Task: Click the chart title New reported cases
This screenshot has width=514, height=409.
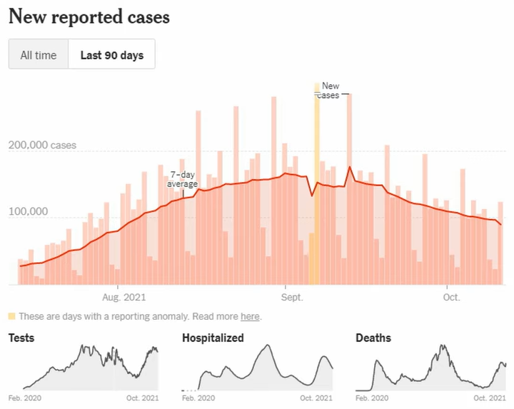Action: click(x=89, y=17)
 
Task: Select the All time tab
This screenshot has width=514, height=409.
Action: click(x=39, y=55)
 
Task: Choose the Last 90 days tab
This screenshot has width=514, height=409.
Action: click(x=111, y=55)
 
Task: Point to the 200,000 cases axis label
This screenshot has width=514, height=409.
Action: click(x=42, y=146)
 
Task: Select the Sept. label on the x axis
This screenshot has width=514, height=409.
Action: click(x=290, y=296)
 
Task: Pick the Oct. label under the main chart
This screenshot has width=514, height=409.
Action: click(x=451, y=296)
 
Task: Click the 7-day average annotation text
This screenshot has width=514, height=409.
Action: click(x=183, y=179)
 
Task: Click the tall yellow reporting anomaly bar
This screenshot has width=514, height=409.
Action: click(x=317, y=186)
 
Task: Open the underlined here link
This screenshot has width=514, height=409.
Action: click(x=250, y=316)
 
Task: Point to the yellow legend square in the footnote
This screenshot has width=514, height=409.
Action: click(x=12, y=316)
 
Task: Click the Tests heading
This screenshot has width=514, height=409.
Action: click(x=21, y=338)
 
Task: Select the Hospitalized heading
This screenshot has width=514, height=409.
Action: click(x=213, y=338)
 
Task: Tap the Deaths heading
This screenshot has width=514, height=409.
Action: click(x=373, y=338)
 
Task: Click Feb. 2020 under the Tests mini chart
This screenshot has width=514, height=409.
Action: click(x=24, y=398)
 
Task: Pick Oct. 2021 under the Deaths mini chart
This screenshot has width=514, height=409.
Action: click(x=490, y=398)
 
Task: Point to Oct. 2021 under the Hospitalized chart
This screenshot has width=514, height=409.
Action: click(x=316, y=398)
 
